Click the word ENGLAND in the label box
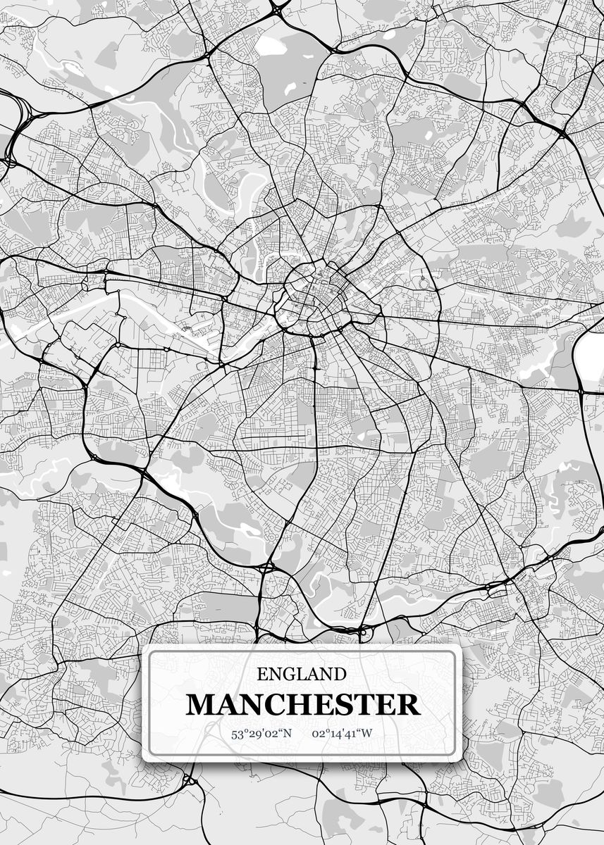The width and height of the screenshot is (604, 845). point(301,675)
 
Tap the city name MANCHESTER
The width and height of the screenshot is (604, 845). point(302,705)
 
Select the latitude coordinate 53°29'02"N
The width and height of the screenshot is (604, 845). point(261,734)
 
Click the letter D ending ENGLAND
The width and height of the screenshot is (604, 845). point(340,675)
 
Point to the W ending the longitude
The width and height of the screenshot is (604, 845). point(366,734)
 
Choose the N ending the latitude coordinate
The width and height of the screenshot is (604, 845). point(287,734)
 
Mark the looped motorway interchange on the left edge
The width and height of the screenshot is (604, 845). point(16,127)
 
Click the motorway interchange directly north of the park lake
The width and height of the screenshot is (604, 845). point(279,9)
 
